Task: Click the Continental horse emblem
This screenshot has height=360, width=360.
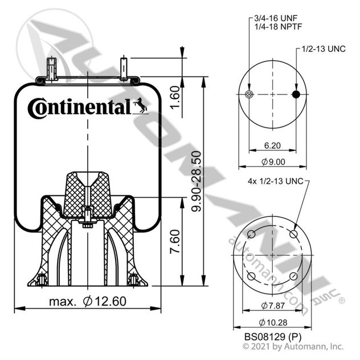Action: pyautogui.click(x=141, y=105)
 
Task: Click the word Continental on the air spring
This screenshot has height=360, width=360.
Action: pyautogui.click(x=79, y=108)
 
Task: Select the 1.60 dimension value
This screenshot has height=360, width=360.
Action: pyautogui.click(x=175, y=97)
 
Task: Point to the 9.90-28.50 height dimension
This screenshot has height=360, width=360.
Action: pyautogui.click(x=196, y=181)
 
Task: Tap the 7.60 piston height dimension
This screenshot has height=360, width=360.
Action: pyautogui.click(x=175, y=242)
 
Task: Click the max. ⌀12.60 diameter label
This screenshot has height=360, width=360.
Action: pyautogui.click(x=88, y=301)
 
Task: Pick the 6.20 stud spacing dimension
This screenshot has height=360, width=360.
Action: pyautogui.click(x=272, y=145)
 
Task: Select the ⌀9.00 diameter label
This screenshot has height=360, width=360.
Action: pyautogui.click(x=273, y=162)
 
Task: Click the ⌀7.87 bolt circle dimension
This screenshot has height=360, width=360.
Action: pyautogui.click(x=273, y=305)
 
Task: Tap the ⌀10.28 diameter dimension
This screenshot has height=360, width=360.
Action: pyautogui.click(x=273, y=322)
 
